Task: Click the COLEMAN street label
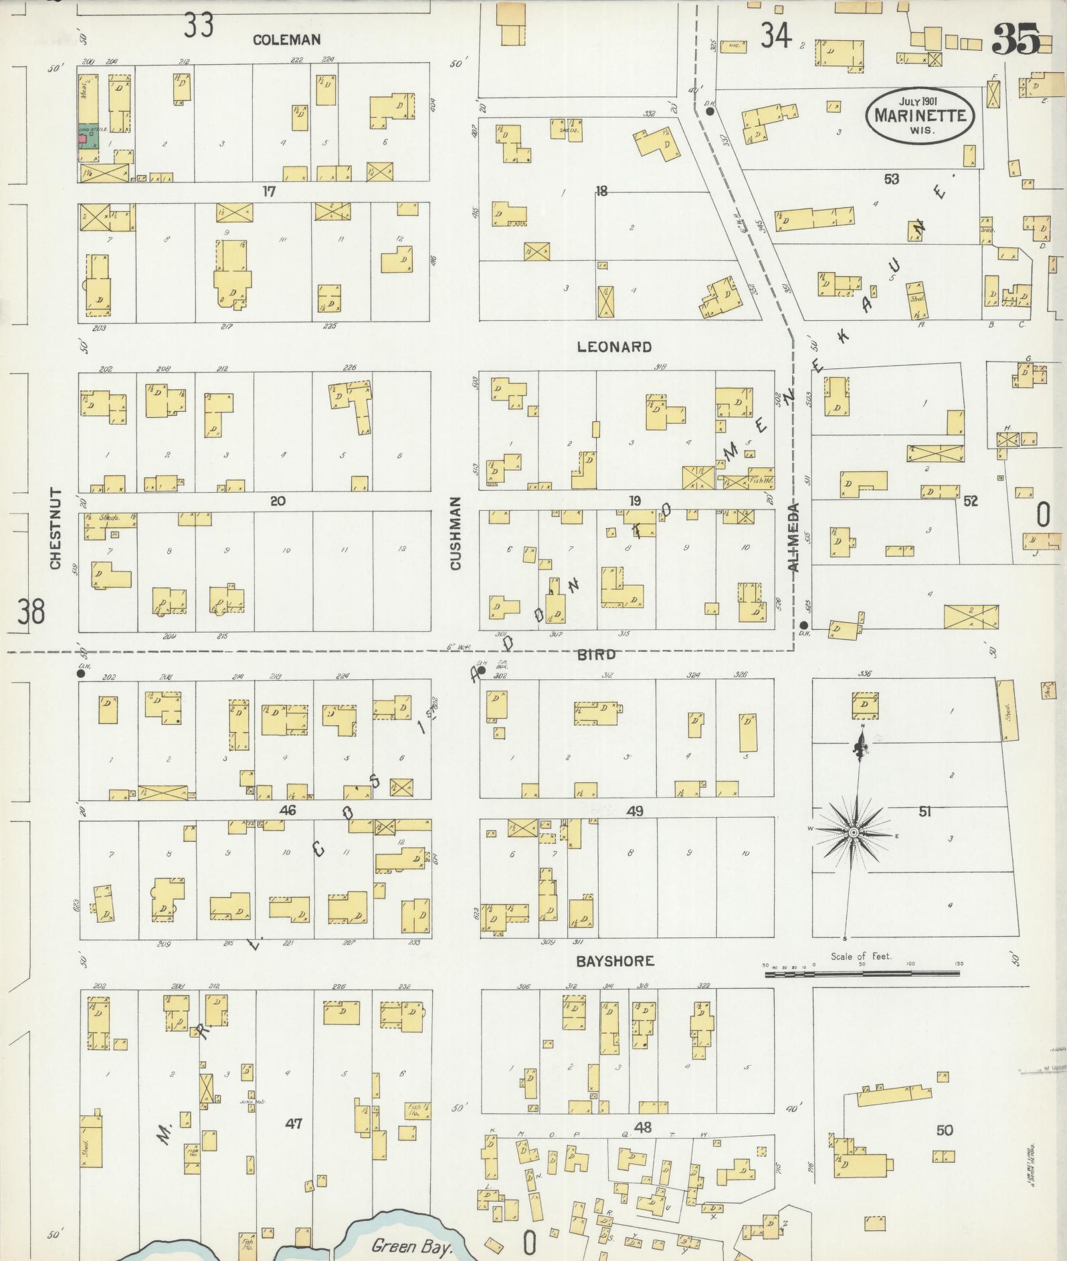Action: pyautogui.click(x=286, y=40)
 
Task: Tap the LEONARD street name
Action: pyautogui.click(x=614, y=347)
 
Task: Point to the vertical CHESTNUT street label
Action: pyautogui.click(x=56, y=530)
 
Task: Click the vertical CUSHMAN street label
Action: pyautogui.click(x=456, y=533)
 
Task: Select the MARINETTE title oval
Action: pyautogui.click(x=920, y=115)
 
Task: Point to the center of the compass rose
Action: pyautogui.click(x=854, y=832)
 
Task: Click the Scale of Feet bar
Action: pyautogui.click(x=863, y=974)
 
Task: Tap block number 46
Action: pyautogui.click(x=288, y=811)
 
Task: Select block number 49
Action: pyautogui.click(x=635, y=811)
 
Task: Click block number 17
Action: pyautogui.click(x=269, y=192)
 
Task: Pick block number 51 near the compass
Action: pyautogui.click(x=925, y=812)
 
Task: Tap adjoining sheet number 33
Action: pyautogui.click(x=199, y=26)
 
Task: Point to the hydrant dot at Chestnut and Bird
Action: pyautogui.click(x=81, y=673)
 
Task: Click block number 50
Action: pyautogui.click(x=944, y=1130)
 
